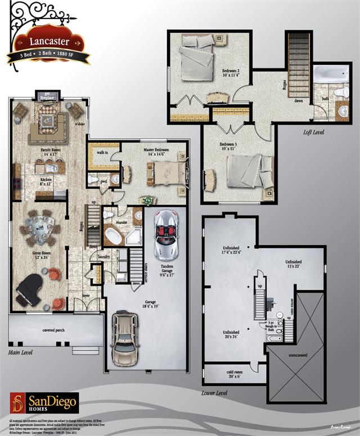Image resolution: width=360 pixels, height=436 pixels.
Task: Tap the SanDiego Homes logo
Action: pos(44,403)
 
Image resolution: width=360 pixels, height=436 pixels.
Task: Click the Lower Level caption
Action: pos(214,393)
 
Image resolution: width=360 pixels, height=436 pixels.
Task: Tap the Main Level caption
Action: pos(20,353)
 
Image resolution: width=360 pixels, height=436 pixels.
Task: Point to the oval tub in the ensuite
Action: pos(114,236)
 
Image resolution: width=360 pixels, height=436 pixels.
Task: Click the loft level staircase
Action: pos(298,65)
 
